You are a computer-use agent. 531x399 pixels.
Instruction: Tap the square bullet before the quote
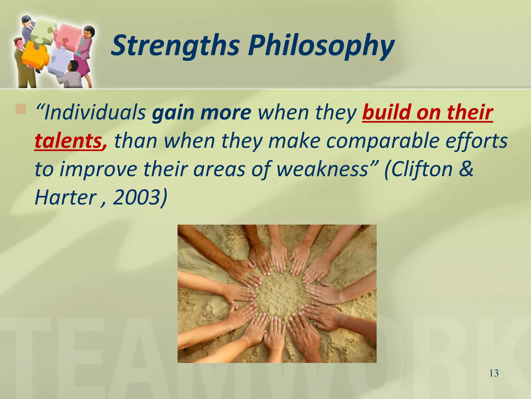coord(21,109)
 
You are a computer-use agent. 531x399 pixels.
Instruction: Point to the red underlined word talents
coord(68,141)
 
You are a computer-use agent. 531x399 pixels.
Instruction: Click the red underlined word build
coord(386,113)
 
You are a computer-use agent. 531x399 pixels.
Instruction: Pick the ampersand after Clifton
coord(467,169)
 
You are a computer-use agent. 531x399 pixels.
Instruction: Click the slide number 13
coord(494,373)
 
